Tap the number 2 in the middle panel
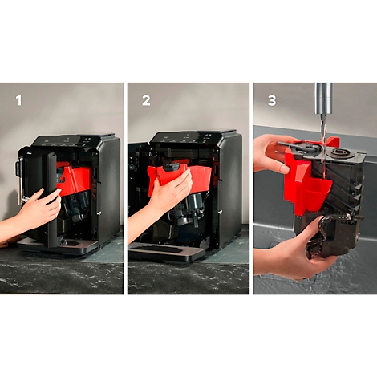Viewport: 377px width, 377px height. pos(147,101)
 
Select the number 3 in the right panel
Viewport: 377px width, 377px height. pos(271,101)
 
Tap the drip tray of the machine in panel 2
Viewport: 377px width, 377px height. pos(160,252)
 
